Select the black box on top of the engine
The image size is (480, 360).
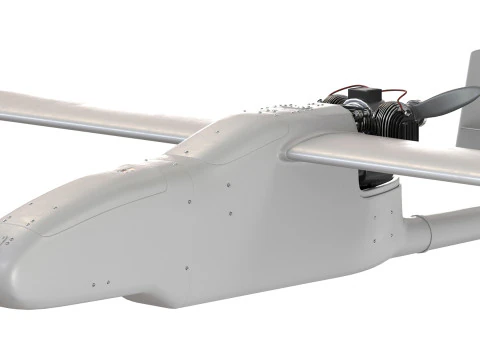pyautogui.click(x=362, y=98)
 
